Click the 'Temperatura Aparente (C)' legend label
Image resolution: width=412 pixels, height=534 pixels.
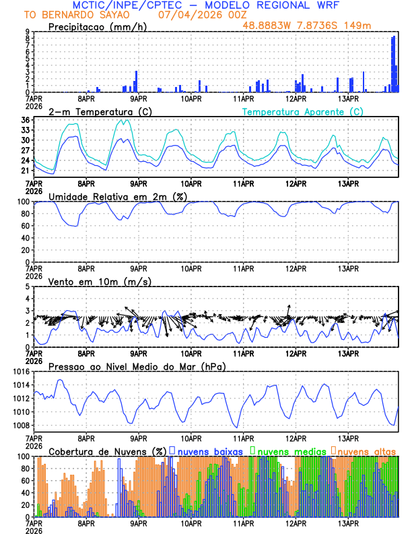[x=303, y=111]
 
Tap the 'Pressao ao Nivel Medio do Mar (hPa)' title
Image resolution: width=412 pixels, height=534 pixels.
[x=137, y=366]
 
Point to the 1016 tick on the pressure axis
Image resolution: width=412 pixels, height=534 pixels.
[x=19, y=372]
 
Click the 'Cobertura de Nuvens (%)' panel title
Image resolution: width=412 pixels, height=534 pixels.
[x=108, y=451]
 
